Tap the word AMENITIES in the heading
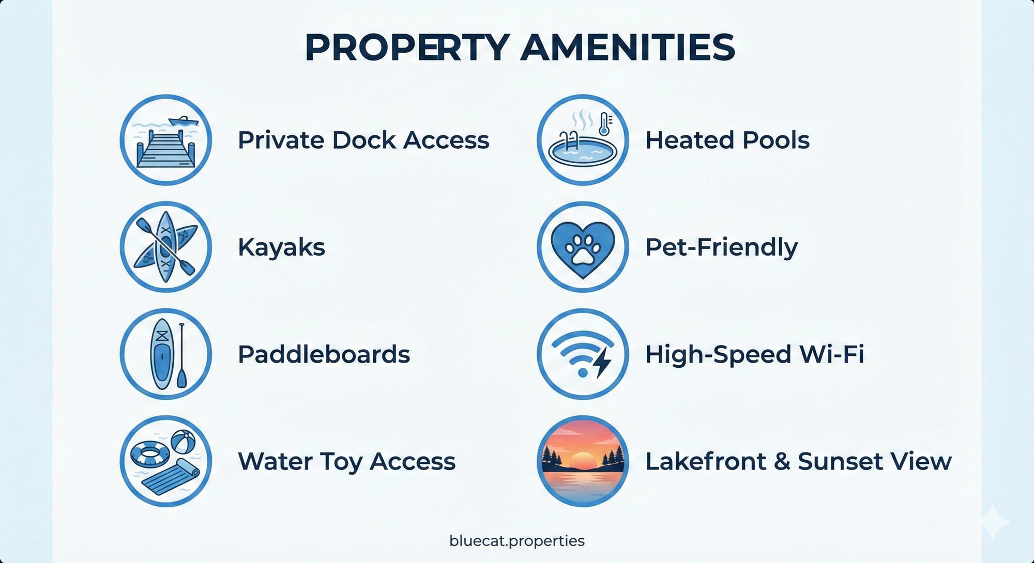[628, 48]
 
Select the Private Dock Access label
[363, 140]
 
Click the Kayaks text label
[281, 247]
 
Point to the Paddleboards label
[324, 354]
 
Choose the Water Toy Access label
[346, 461]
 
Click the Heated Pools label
[727, 140]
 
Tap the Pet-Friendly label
[721, 247]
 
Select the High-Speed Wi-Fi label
[754, 354]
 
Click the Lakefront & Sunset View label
[798, 461]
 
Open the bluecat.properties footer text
[517, 541]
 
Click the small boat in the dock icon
[183, 121]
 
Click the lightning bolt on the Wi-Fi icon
[602, 362]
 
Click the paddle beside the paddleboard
[181, 356]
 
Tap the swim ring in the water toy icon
[150, 455]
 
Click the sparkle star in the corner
[993, 522]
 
